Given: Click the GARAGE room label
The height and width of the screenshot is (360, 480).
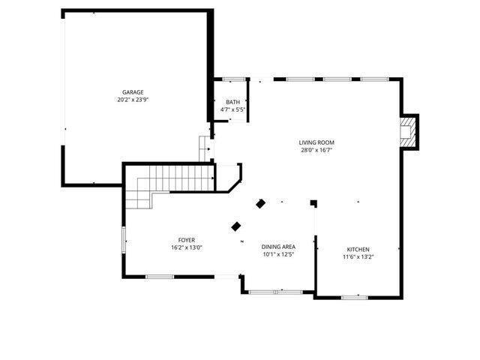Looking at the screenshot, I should (x=133, y=92).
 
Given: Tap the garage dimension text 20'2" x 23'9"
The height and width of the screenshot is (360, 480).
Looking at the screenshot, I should (x=133, y=100).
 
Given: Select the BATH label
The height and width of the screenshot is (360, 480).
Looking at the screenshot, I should (x=232, y=103).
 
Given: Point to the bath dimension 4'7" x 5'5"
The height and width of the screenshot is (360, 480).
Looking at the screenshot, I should (x=232, y=110).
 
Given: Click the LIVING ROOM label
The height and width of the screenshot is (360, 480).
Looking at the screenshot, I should (x=316, y=142).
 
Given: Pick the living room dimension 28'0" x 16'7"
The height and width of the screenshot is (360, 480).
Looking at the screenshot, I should (x=316, y=150).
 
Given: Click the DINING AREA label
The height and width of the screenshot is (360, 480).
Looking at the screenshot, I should (x=277, y=247).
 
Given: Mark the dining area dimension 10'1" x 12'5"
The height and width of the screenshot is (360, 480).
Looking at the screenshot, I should (x=277, y=254).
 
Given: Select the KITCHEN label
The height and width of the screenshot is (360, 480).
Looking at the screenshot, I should (x=358, y=250).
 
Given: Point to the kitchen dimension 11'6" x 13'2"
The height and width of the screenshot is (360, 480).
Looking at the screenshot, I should (x=358, y=257).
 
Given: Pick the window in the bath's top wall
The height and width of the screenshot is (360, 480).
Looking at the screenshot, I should (x=233, y=79).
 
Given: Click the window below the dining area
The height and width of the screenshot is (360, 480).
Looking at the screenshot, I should (x=274, y=291).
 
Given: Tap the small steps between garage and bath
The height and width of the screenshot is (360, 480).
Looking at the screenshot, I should (x=205, y=148).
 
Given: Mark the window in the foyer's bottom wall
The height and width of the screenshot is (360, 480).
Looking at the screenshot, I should (x=160, y=277).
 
